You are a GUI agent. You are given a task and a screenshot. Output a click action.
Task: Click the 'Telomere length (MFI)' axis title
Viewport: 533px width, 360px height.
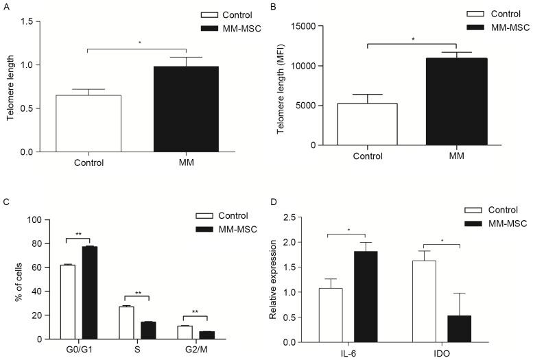[281, 84]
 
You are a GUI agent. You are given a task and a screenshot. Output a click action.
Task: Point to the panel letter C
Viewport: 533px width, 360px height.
[5, 203]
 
